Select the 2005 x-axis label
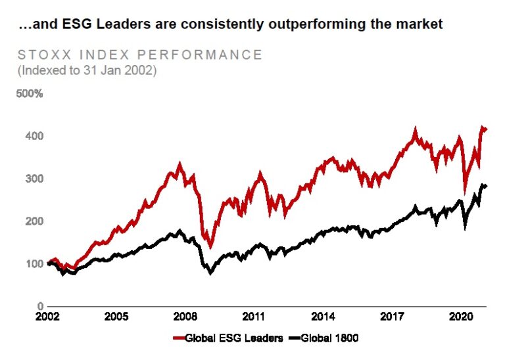[x=116, y=316]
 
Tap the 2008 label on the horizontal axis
[x=185, y=316]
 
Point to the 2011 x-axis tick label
[x=254, y=316]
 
